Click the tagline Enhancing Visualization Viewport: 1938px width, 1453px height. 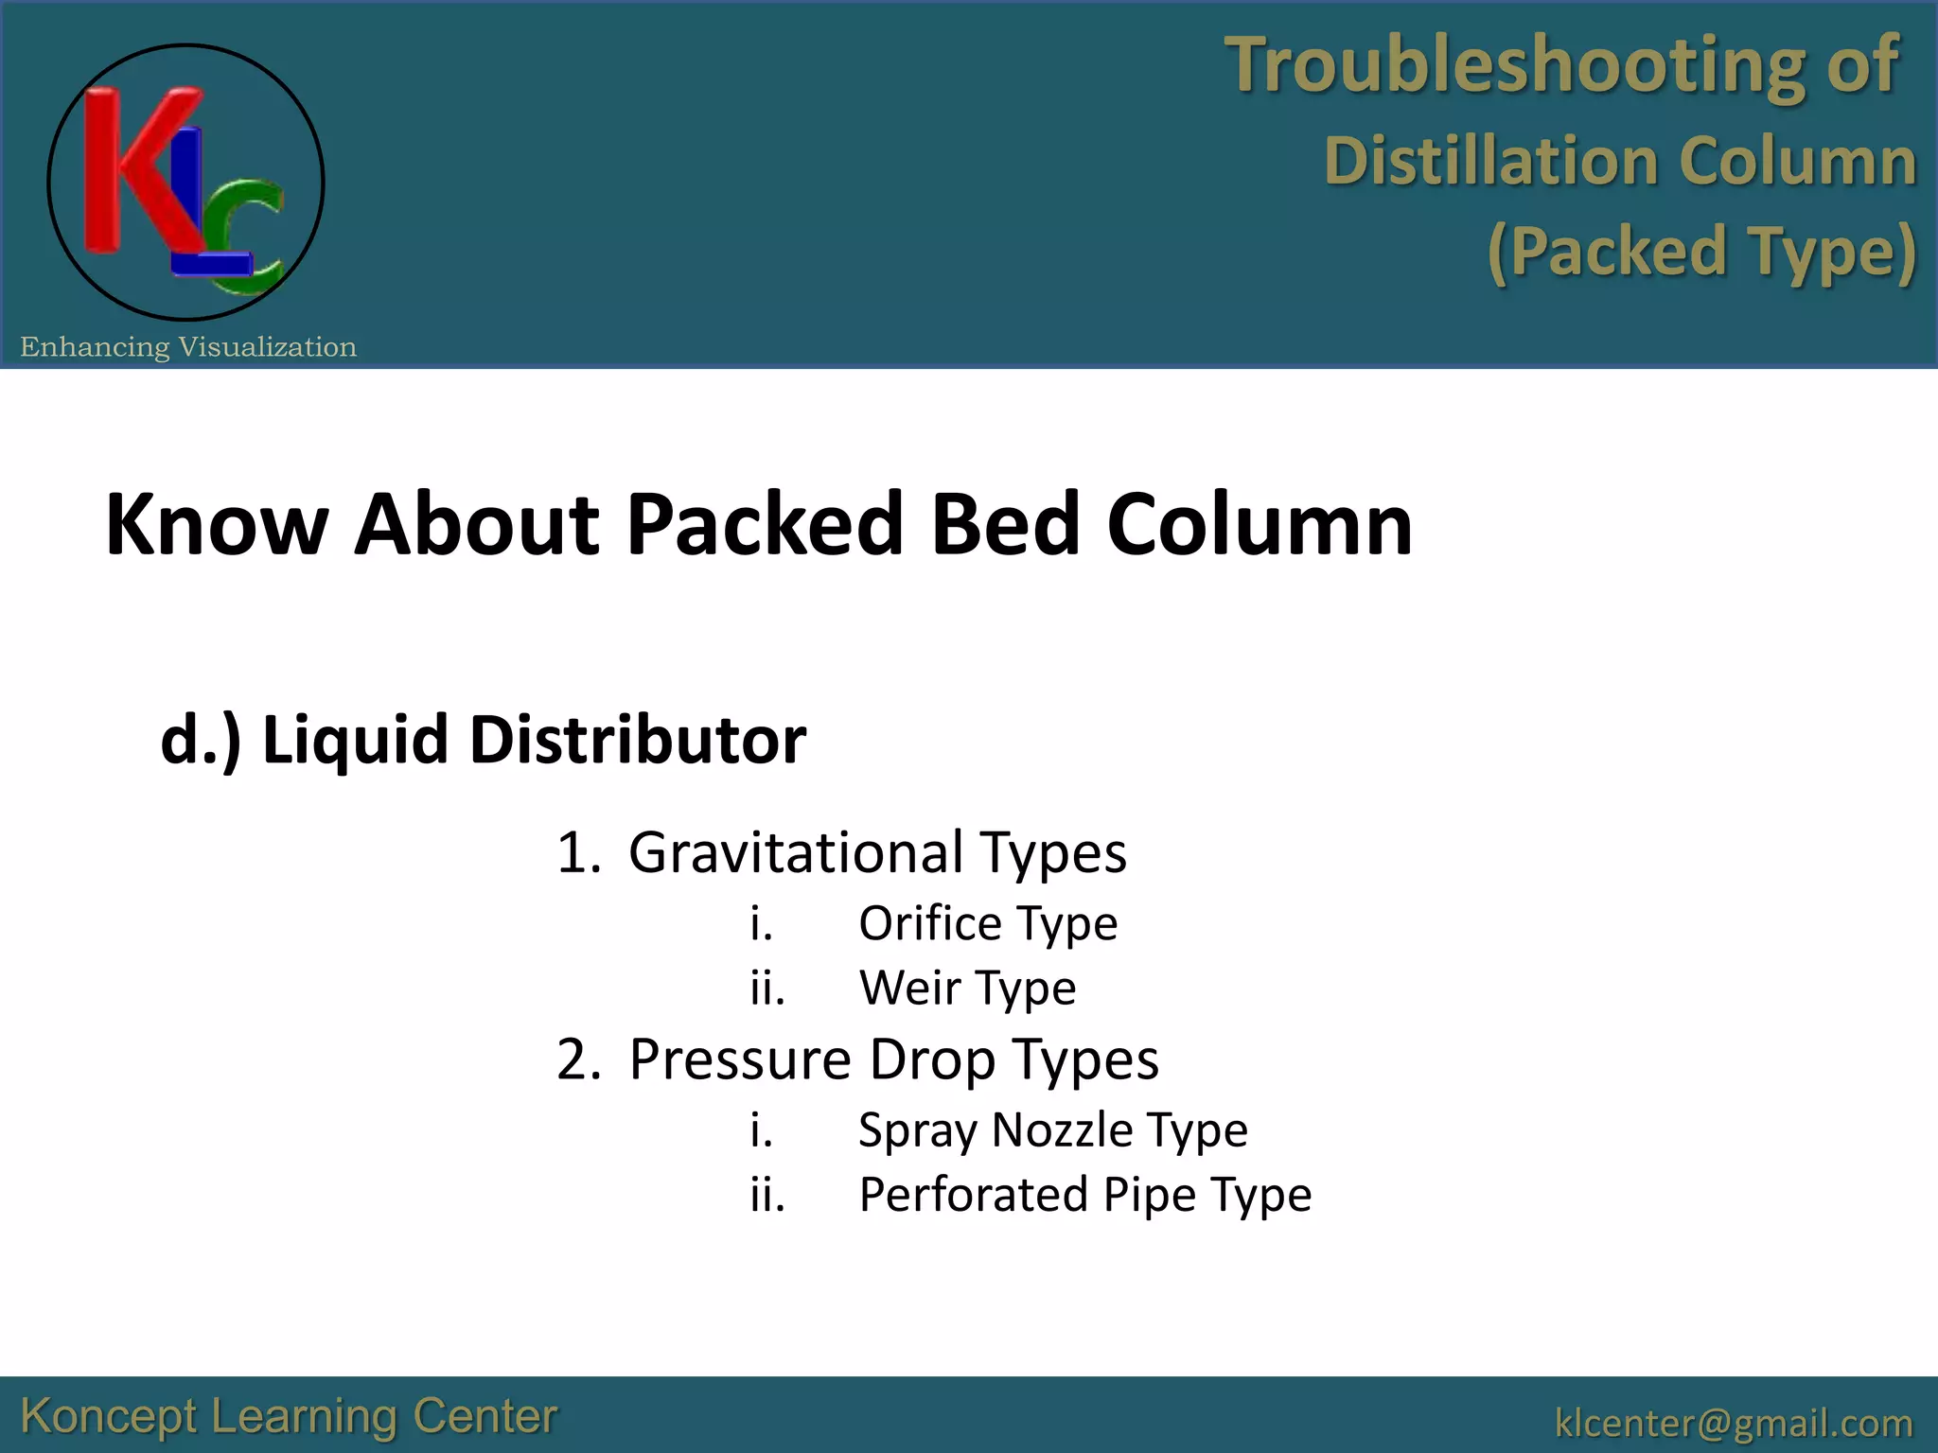point(188,347)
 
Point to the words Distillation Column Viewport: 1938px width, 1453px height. point(1619,160)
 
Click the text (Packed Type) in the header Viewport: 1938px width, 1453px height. point(1700,252)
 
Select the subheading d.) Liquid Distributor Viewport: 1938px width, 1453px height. point(483,739)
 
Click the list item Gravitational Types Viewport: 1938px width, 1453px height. point(877,852)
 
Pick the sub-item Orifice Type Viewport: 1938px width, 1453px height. point(987,923)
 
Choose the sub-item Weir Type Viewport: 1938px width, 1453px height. point(967,989)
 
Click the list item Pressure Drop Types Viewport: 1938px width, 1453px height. point(893,1059)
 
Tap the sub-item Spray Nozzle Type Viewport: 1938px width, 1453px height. point(1052,1130)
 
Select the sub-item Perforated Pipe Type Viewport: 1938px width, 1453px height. point(1084,1195)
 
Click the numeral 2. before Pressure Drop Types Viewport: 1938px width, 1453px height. point(578,1059)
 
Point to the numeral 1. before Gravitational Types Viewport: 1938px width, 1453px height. point(578,852)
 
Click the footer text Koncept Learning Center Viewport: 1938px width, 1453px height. point(289,1417)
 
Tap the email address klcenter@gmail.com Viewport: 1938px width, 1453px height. point(1733,1423)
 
